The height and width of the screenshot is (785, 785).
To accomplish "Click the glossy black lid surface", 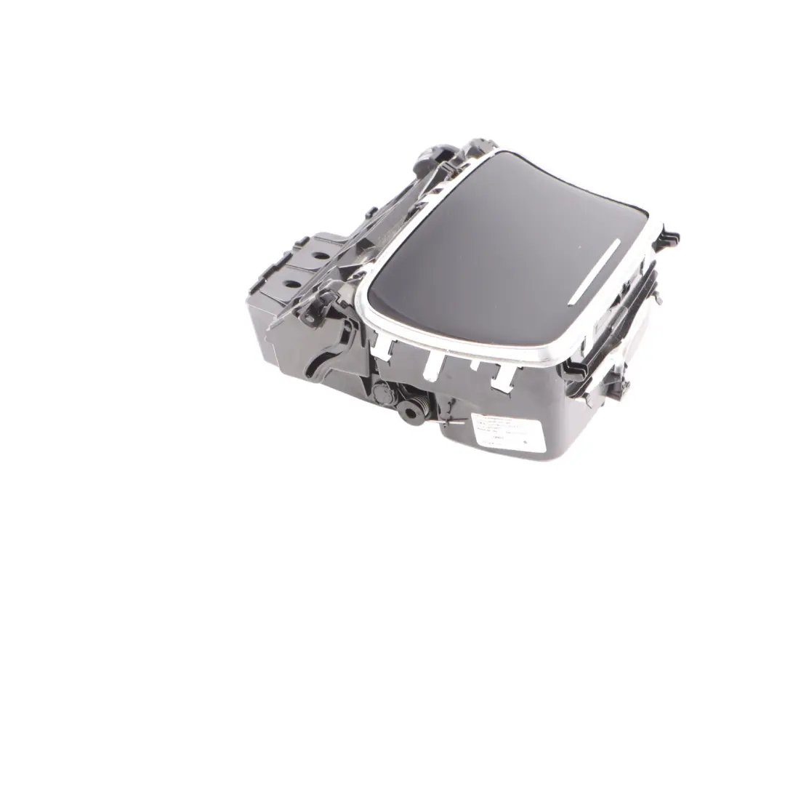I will pos(494,247).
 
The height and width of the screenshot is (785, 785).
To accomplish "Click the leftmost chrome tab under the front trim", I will pos(384,348).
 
